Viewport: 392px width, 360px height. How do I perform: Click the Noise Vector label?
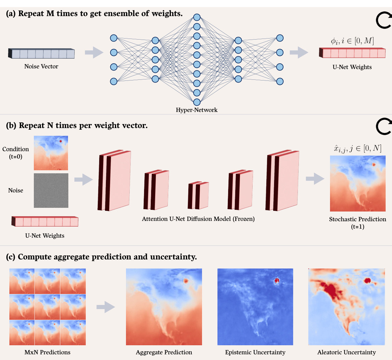pyautogui.click(x=41, y=66)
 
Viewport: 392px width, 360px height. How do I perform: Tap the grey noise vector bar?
pyautogui.click(x=42, y=54)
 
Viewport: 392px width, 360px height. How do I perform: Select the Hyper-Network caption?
pyautogui.click(x=197, y=110)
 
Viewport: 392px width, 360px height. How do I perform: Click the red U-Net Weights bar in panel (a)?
pyautogui.click(x=352, y=53)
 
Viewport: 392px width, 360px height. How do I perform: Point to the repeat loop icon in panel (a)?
pyautogui.click(x=384, y=21)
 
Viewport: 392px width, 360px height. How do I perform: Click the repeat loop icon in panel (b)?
pyautogui.click(x=384, y=126)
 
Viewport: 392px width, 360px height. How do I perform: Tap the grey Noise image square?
pyautogui.click(x=51, y=190)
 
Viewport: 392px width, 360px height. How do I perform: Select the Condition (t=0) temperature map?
pyautogui.click(x=51, y=153)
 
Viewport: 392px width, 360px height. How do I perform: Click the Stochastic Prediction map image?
pyautogui.click(x=357, y=183)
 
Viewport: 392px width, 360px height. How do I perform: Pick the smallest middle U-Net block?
pyautogui.click(x=198, y=195)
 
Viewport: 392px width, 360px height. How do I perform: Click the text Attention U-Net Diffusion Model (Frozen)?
pyautogui.click(x=198, y=219)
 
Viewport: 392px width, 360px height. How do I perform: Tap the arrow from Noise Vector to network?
pyautogui.click(x=94, y=52)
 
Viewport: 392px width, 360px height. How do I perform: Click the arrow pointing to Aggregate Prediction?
pyautogui.click(x=106, y=307)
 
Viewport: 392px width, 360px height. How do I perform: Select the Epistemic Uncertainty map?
pyautogui.click(x=255, y=307)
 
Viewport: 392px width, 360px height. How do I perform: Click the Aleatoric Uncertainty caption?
pyautogui.click(x=346, y=352)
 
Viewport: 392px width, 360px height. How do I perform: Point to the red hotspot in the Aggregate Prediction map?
pyautogui.click(x=185, y=281)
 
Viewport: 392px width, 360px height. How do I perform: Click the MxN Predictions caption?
pyautogui.click(x=47, y=352)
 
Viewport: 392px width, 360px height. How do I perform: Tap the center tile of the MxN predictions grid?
pyautogui.click(x=47, y=307)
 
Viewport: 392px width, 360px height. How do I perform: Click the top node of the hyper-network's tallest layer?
pyautogui.click(x=197, y=17)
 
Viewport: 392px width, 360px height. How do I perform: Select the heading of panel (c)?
pyautogui.click(x=102, y=257)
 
